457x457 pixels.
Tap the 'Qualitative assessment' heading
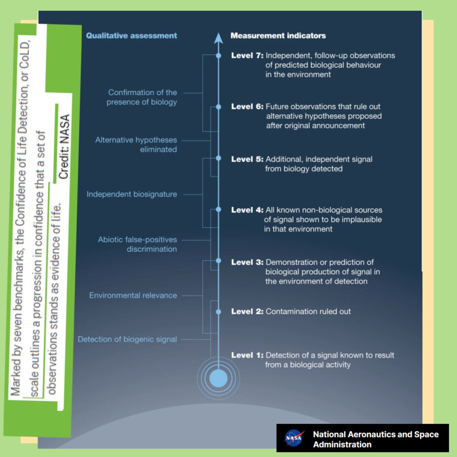tap(132, 36)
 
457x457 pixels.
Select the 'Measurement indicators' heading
tap(278, 36)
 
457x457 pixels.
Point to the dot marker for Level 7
tap(218, 56)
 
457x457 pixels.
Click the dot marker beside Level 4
tap(218, 209)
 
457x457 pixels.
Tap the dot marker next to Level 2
tap(218, 312)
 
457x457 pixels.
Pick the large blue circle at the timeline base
tap(218, 377)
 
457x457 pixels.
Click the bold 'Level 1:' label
tap(247, 355)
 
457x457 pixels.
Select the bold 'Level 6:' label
tap(247, 107)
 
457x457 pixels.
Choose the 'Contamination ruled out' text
tap(308, 312)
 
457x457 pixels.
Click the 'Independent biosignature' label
tap(132, 195)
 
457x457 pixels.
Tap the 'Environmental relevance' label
tap(133, 295)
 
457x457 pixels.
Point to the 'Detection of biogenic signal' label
tap(127, 339)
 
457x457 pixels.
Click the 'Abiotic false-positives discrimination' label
tap(137, 245)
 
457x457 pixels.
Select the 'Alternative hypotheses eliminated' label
tap(136, 145)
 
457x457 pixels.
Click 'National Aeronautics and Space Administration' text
tap(376, 439)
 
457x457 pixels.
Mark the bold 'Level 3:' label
tap(247, 262)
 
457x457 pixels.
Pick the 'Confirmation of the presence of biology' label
tap(142, 97)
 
